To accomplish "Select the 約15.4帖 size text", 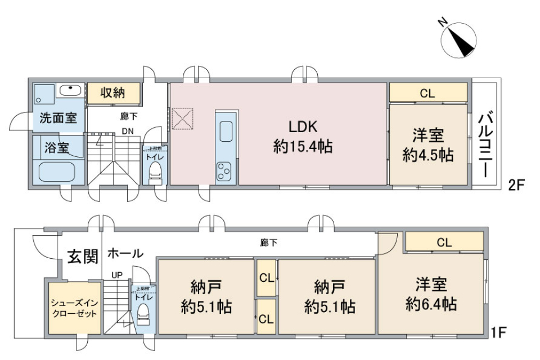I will click(303, 147).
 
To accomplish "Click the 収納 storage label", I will click(112, 93).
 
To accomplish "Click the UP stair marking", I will click(118, 275).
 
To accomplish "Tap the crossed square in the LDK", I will click(182, 119).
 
